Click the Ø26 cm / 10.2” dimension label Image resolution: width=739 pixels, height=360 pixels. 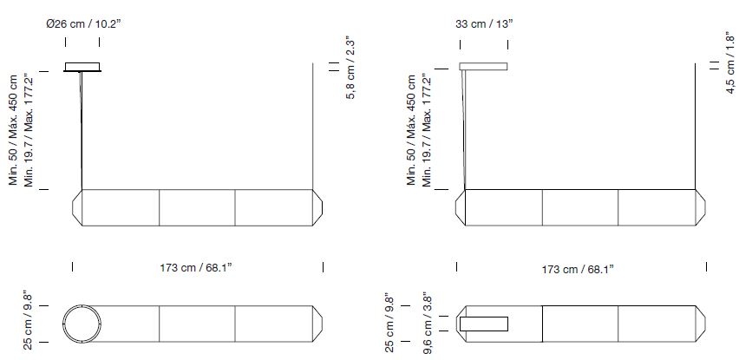tap(83, 24)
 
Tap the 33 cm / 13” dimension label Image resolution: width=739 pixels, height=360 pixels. tap(484, 24)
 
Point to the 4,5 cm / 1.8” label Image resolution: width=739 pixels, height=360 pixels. tap(731, 62)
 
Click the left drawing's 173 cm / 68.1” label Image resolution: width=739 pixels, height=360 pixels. tap(197, 268)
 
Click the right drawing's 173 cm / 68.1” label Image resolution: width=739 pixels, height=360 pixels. tap(579, 269)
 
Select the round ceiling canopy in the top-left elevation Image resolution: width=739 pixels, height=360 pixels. tap(82, 67)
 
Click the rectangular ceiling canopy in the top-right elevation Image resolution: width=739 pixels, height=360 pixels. tap(483, 66)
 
